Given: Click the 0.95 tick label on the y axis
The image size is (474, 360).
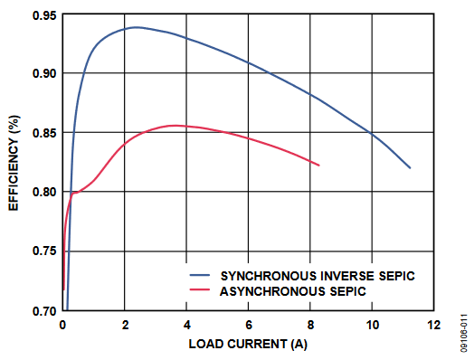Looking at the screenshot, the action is (44, 15).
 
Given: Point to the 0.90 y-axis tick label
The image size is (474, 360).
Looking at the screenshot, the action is (44, 73).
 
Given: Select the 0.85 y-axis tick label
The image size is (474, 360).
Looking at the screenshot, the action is (44, 133).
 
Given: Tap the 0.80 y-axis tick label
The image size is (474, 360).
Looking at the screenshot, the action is (44, 192).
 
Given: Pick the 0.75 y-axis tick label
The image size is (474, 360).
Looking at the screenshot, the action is (44, 251).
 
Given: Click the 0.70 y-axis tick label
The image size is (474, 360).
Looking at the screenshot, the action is (44, 311).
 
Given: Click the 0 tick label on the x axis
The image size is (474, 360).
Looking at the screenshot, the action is (62, 325).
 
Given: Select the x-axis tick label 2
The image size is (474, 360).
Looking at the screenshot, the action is (125, 325).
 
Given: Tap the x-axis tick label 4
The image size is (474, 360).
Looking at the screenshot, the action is (187, 325).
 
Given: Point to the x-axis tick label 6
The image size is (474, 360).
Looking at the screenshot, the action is (249, 325).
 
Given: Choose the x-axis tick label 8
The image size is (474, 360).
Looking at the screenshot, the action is (310, 325).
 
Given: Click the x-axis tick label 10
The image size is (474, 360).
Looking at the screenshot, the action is (373, 325).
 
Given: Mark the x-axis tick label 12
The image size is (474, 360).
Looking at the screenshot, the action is (434, 325).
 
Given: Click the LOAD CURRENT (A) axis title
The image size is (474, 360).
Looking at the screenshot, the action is (248, 344).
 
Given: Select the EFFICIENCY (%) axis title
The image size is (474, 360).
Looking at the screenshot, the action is (14, 163).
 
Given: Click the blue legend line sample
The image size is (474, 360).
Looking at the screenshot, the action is (200, 275).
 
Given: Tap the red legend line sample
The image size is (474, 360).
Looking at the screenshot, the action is (200, 289).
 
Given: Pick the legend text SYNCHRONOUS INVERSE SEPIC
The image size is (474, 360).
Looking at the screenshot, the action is (318, 276).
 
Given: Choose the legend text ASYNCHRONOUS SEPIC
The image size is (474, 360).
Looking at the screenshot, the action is (292, 291).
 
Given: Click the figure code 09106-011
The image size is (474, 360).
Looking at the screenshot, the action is (464, 334).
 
